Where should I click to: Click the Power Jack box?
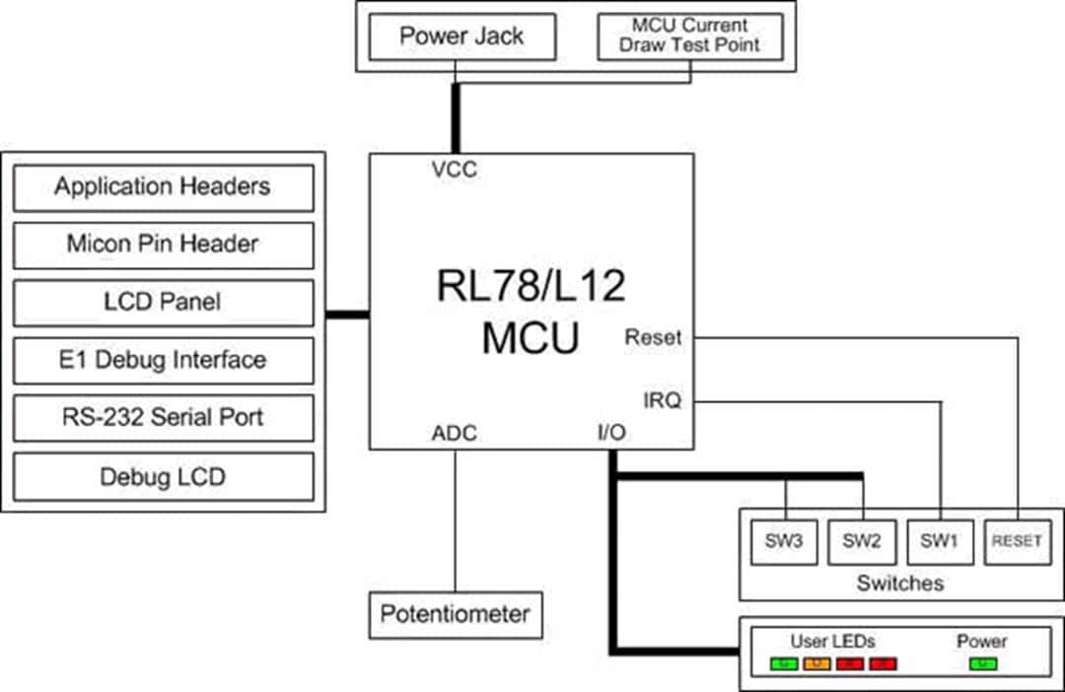[461, 37]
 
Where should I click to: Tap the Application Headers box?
[163, 187]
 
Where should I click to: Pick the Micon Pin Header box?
[163, 244]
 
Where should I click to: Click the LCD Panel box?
[163, 303]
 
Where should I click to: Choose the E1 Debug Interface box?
[163, 360]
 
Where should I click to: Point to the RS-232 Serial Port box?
[163, 418]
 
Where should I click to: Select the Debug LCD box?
[163, 477]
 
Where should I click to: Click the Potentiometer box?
[455, 615]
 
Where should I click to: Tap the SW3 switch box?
[785, 541]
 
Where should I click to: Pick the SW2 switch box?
[862, 541]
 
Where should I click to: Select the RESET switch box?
[1017, 541]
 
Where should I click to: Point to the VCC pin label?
[455, 170]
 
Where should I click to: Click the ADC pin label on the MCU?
[455, 434]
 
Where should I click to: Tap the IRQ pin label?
[663, 400]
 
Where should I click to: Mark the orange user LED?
[816, 664]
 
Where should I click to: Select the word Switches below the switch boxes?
[899, 583]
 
